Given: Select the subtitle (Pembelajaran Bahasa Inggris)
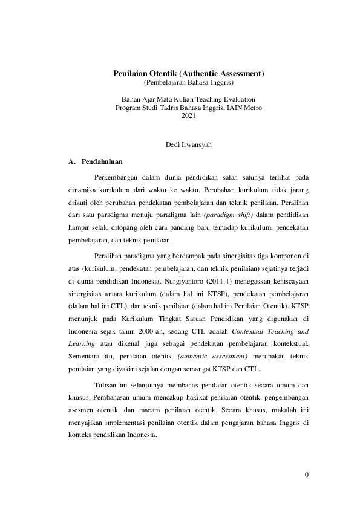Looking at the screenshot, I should coord(188,82).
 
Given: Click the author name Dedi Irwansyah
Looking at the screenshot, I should coord(188,145).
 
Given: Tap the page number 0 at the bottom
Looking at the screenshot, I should coord(307,474).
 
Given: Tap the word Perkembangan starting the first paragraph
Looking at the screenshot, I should coord(116,177).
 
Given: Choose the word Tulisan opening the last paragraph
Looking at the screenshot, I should coord(106,384).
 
